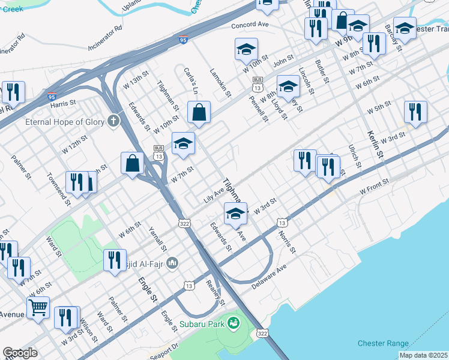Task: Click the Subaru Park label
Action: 202,325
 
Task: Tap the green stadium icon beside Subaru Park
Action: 234,324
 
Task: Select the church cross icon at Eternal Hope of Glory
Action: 112,121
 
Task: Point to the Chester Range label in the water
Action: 383,343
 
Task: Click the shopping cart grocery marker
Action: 38,308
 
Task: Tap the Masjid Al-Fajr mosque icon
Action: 172,262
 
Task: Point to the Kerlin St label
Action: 374,144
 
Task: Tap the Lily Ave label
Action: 213,194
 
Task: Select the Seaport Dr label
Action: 165,348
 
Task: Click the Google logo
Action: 20,353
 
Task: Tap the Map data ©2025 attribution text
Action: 423,355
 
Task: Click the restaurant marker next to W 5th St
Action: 415,112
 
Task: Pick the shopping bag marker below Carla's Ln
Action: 199,112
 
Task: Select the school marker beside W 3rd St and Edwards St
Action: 236,213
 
